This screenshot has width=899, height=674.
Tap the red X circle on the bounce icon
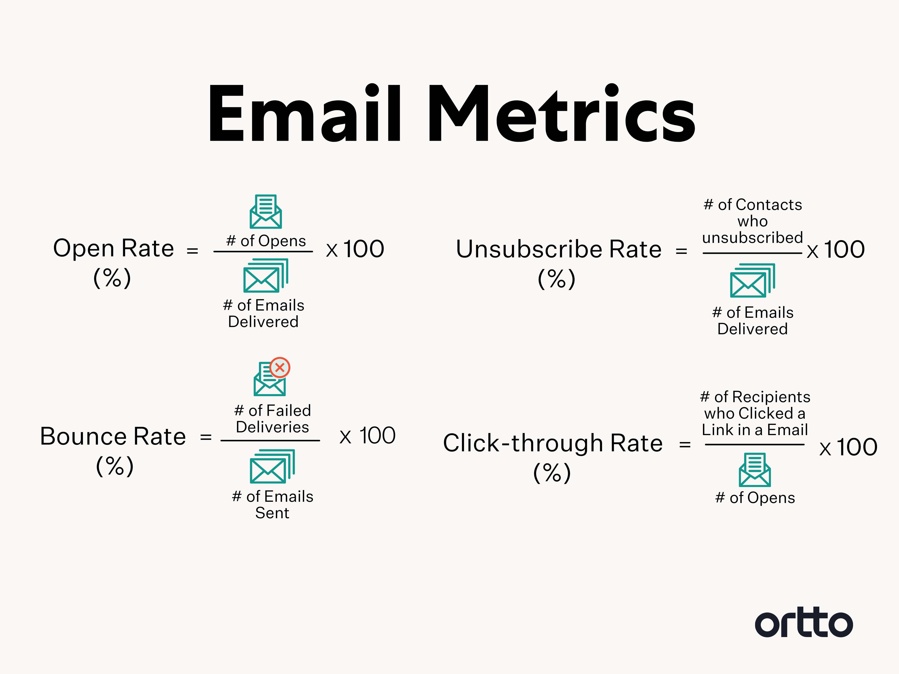pos(280,368)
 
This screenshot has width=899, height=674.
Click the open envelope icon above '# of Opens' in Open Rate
pos(265,211)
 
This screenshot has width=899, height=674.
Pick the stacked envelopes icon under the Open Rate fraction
pos(266,275)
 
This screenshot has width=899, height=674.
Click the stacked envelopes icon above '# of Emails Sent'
pos(272,466)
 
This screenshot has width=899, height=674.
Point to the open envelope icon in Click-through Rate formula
pos(755,470)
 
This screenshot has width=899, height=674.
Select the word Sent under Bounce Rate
pos(272,513)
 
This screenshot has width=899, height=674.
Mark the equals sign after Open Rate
pos(192,251)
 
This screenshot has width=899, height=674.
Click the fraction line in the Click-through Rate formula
pos(755,444)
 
